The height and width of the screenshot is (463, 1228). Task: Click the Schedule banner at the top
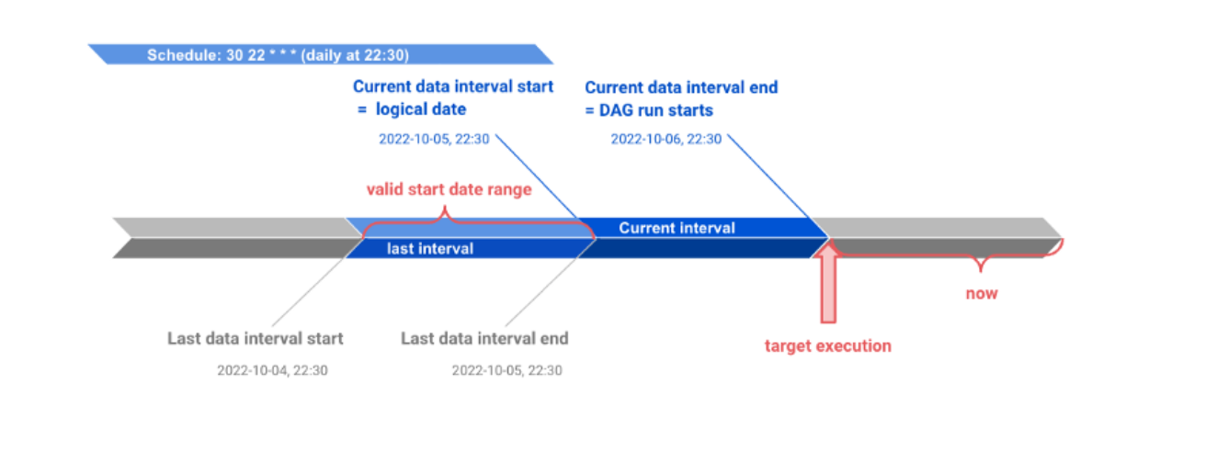click(x=321, y=54)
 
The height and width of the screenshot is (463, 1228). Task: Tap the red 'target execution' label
click(x=828, y=345)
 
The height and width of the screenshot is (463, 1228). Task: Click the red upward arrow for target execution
click(x=828, y=282)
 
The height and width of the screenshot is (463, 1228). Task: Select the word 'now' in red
click(x=982, y=294)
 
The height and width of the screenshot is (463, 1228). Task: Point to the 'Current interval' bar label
click(x=677, y=228)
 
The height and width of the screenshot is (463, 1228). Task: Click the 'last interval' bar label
click(x=430, y=249)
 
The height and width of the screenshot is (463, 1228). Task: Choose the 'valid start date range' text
click(x=449, y=189)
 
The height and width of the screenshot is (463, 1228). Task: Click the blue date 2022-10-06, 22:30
click(x=666, y=139)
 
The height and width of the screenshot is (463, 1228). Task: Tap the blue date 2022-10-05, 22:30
click(x=434, y=139)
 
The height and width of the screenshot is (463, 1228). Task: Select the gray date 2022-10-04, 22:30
click(x=272, y=370)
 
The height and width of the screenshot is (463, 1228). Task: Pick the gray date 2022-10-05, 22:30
click(x=507, y=370)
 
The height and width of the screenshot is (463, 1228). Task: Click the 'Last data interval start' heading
click(x=256, y=339)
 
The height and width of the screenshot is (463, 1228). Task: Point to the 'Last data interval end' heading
click(x=484, y=339)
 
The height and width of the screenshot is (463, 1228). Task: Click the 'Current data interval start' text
click(x=453, y=86)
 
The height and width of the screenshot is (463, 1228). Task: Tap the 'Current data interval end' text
click(x=681, y=87)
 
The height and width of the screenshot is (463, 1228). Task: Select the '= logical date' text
click(x=412, y=109)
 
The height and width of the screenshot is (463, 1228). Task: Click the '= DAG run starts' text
click(x=649, y=110)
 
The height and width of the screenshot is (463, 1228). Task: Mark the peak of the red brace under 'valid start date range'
click(x=445, y=208)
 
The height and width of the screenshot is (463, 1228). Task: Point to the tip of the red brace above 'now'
click(x=981, y=271)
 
